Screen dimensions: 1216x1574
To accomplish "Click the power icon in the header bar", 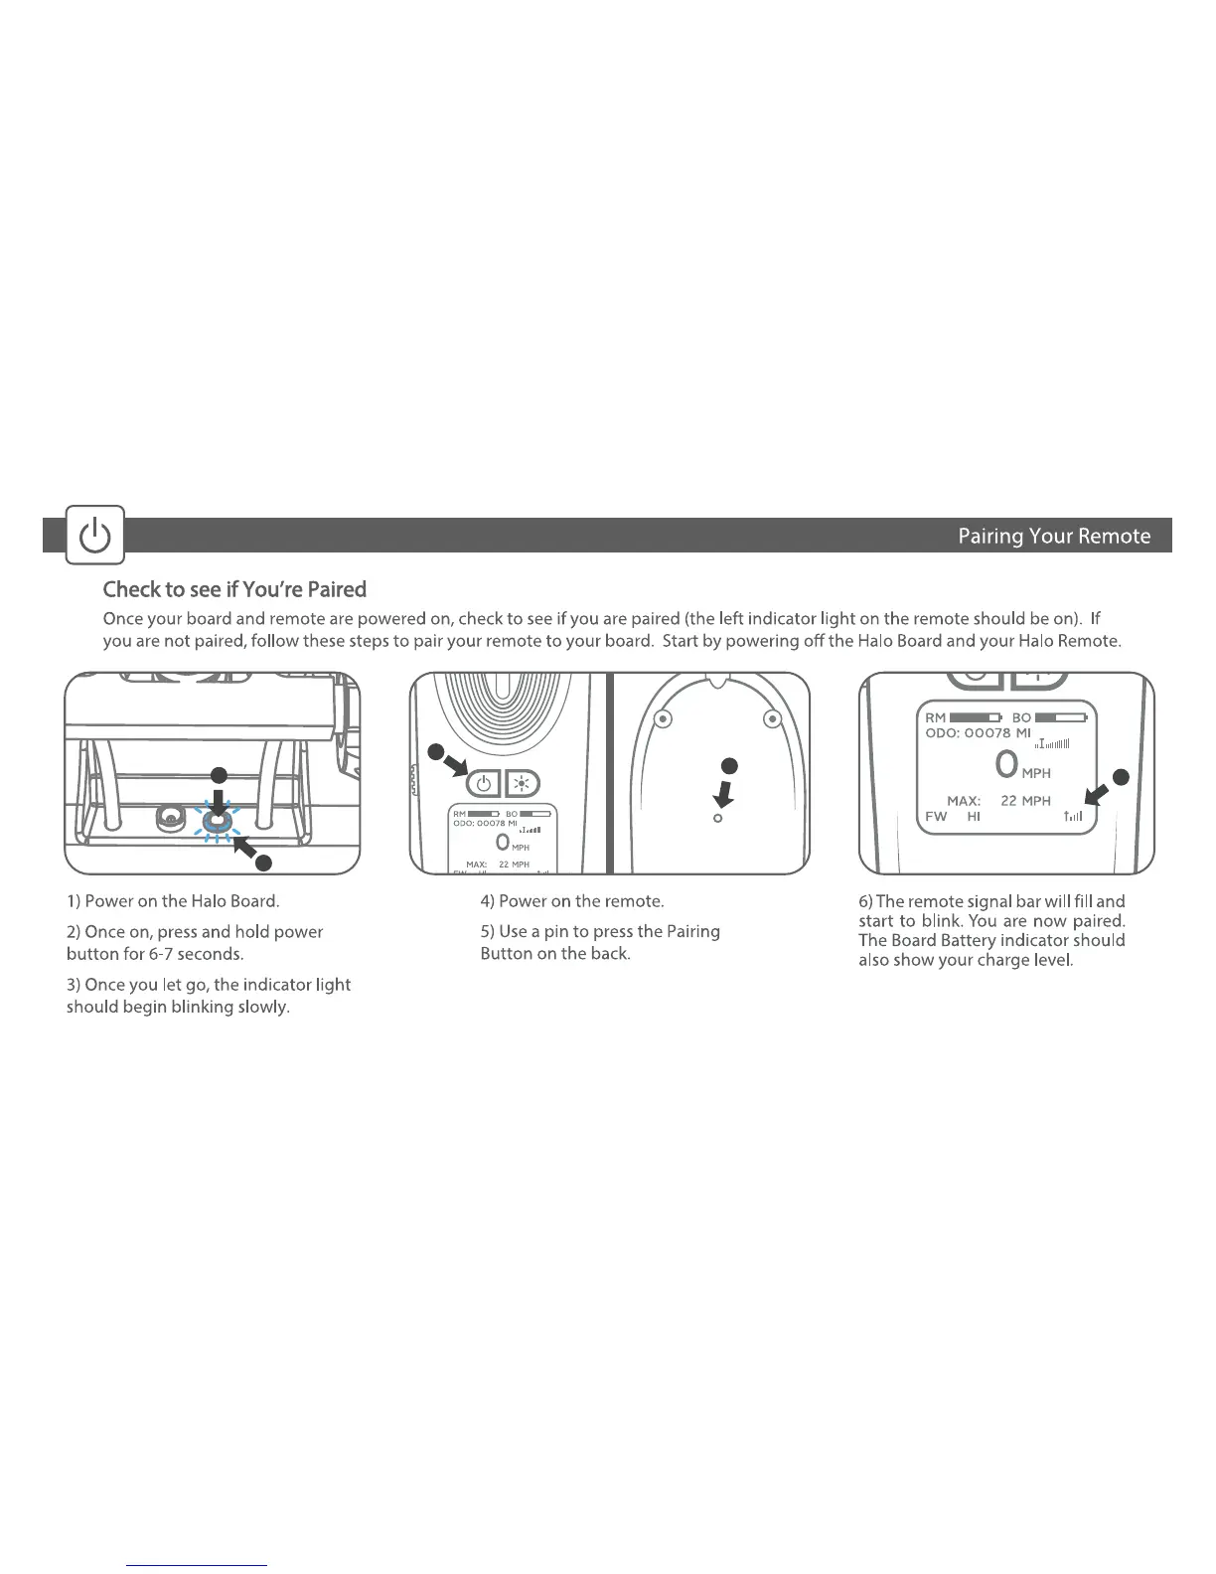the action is click(x=95, y=537).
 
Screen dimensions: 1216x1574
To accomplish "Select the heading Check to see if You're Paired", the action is click(x=235, y=589).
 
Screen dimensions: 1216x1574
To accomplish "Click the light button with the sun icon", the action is click(x=522, y=785).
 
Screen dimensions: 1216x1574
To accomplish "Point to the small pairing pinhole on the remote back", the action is click(x=718, y=818).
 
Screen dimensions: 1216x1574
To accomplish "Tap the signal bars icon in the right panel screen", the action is click(x=1072, y=817).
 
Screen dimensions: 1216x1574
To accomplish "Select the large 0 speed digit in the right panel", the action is click(x=1006, y=764).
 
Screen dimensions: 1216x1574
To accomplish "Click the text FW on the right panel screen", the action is click(x=936, y=816).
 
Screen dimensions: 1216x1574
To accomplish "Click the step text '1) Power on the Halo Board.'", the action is click(x=173, y=901).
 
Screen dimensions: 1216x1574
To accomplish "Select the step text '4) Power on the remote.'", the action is click(x=572, y=901).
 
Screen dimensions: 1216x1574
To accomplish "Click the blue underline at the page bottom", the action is click(x=198, y=1565).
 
